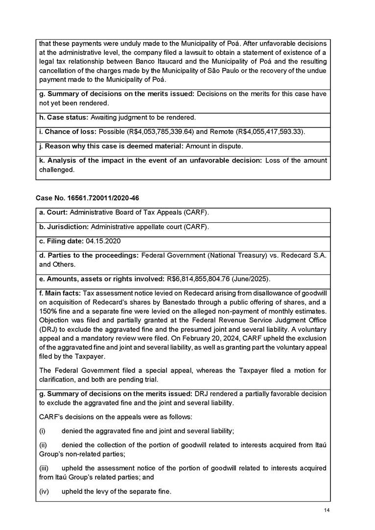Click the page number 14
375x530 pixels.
click(327, 511)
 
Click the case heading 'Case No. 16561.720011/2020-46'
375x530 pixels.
click(81, 198)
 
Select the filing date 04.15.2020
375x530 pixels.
click(103, 242)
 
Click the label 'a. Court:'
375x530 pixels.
click(53, 213)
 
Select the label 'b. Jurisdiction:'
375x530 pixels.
click(64, 227)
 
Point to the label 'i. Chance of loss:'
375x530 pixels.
click(68, 132)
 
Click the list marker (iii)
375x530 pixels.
click(44, 468)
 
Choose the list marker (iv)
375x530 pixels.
click(44, 491)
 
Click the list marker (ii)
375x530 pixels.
click(43, 445)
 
